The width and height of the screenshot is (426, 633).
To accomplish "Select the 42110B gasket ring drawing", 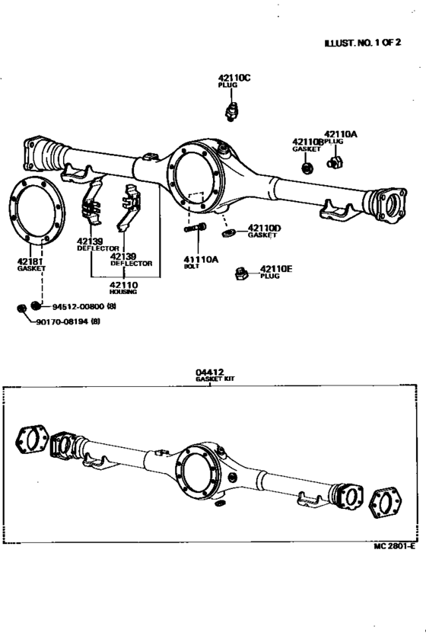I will pyautogui.click(x=306, y=168).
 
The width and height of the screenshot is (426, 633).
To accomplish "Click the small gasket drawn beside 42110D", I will pyautogui.click(x=227, y=232).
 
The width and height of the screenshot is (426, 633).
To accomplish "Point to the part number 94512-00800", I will pyautogui.click(x=77, y=306).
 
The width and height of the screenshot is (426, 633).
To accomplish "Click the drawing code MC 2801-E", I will pyautogui.click(x=394, y=547).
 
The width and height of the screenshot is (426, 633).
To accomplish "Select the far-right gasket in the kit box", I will pyautogui.click(x=387, y=505).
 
